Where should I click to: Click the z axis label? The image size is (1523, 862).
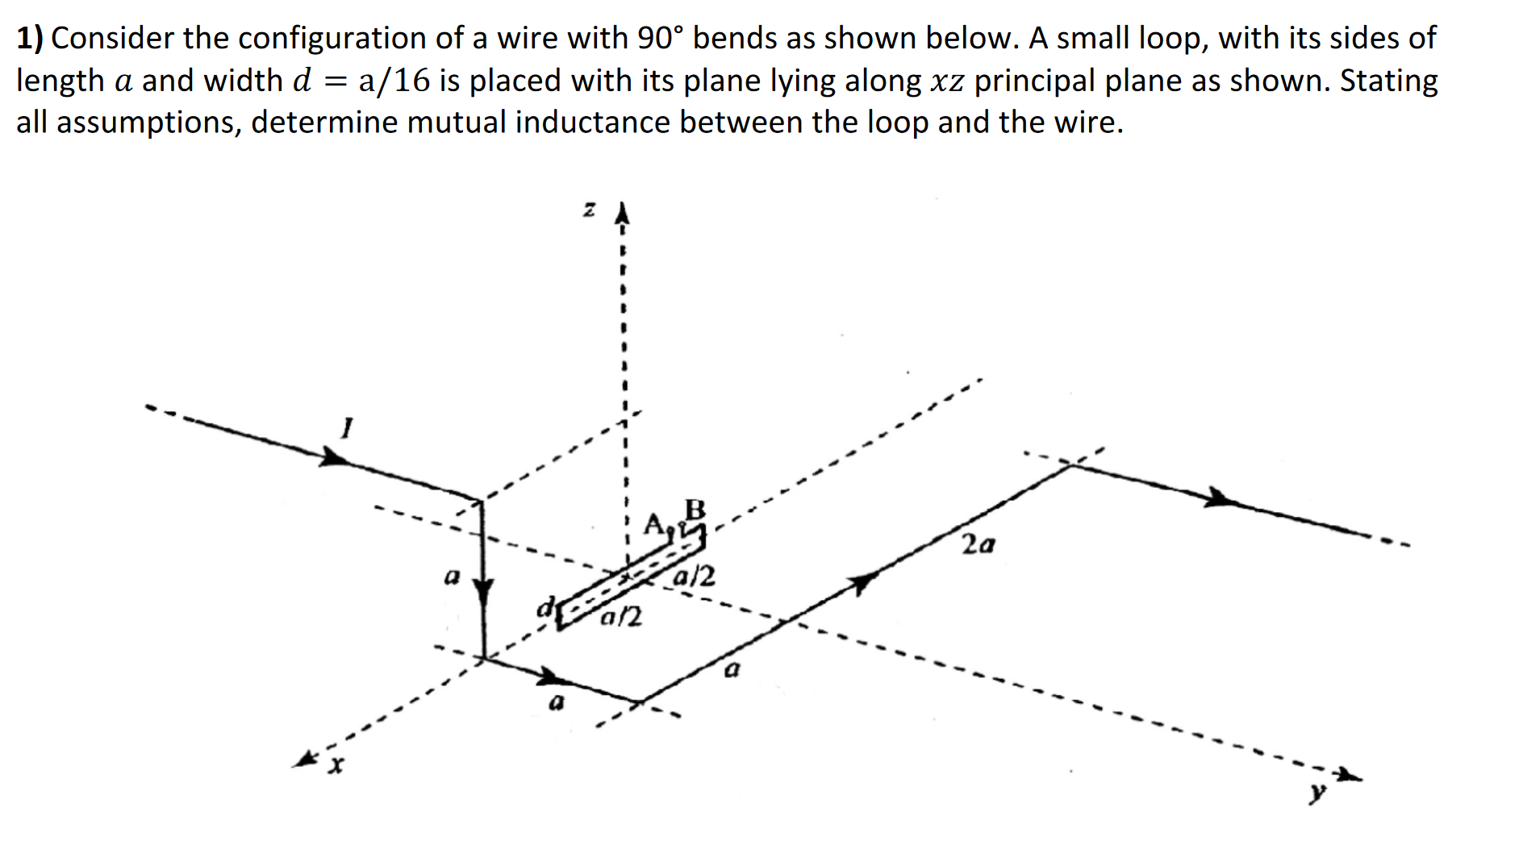point(590,210)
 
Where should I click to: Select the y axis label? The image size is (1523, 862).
point(1316,793)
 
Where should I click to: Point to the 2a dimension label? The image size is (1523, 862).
point(978,545)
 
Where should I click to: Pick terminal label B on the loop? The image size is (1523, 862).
point(695,510)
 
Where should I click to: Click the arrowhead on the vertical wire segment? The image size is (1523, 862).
point(482,593)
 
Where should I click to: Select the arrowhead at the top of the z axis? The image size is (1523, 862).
point(621,214)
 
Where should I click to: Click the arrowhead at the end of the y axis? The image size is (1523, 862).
point(1348,776)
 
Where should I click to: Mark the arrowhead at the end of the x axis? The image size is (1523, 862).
point(307,759)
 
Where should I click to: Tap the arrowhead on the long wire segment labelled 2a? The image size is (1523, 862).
point(863,581)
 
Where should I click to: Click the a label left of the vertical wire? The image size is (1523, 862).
point(453,577)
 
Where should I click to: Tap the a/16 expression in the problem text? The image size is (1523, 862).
point(394,81)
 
